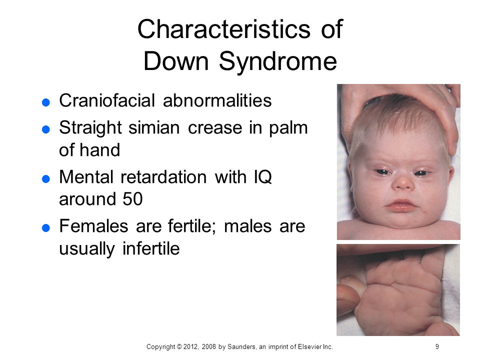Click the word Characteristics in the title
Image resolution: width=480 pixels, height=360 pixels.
point(224,29)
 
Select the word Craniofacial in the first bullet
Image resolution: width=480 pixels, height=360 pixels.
point(107,100)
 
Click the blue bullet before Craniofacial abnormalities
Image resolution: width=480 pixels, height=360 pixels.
point(46,102)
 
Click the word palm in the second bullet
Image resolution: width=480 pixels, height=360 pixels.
point(288,128)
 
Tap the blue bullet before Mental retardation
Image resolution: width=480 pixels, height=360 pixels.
point(46,179)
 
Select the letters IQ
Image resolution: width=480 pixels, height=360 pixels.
point(262,177)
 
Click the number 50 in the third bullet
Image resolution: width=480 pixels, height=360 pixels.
point(132,199)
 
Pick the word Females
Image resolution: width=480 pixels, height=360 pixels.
point(93,226)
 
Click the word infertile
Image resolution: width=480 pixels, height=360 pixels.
point(151,248)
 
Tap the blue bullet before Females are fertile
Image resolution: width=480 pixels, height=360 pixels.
point(46,228)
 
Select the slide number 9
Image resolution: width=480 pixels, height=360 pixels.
point(437,346)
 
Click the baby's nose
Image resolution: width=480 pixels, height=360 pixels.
point(403,182)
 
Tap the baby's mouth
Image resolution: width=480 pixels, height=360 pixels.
point(401,205)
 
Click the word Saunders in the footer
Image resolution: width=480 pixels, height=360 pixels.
point(241,346)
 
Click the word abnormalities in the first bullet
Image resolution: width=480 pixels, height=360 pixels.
point(217,100)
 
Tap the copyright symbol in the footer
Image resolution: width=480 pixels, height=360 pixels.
point(179,347)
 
